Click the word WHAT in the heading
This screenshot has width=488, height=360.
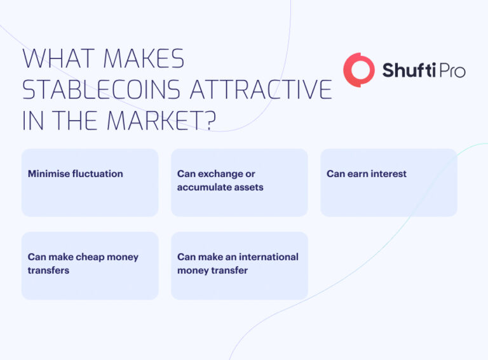click(55, 59)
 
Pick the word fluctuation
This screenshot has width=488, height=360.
click(98, 174)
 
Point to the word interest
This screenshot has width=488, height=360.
click(386, 174)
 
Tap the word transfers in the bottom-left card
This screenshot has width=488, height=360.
click(48, 270)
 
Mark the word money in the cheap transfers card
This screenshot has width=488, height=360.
click(123, 257)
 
